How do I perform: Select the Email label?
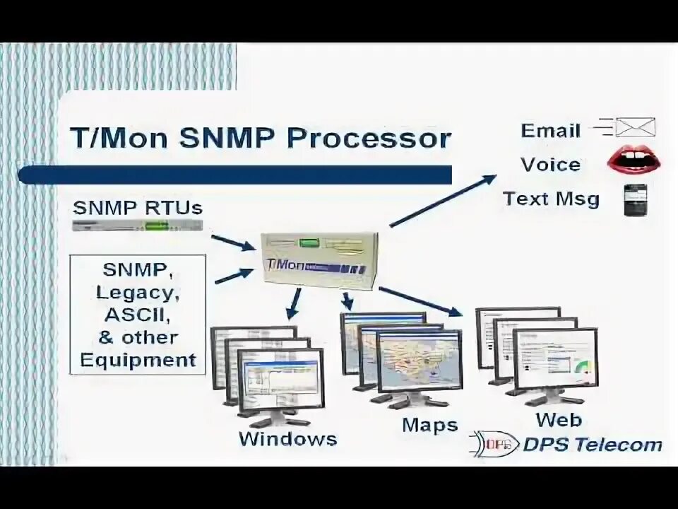(x=550, y=130)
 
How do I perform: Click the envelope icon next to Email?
(x=634, y=127)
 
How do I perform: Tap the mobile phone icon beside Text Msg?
(x=634, y=200)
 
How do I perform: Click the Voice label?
(x=550, y=165)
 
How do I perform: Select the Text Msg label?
(x=551, y=199)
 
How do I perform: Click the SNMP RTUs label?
(x=138, y=208)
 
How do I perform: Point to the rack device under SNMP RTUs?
(x=138, y=226)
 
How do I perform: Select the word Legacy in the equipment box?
(x=138, y=291)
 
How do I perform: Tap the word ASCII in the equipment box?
(x=138, y=314)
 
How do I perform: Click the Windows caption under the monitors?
(x=287, y=438)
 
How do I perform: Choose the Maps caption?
(x=430, y=426)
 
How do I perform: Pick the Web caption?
(x=558, y=420)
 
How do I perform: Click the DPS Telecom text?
(x=592, y=445)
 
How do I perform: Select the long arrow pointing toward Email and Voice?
(x=443, y=201)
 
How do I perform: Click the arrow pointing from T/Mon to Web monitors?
(x=421, y=300)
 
